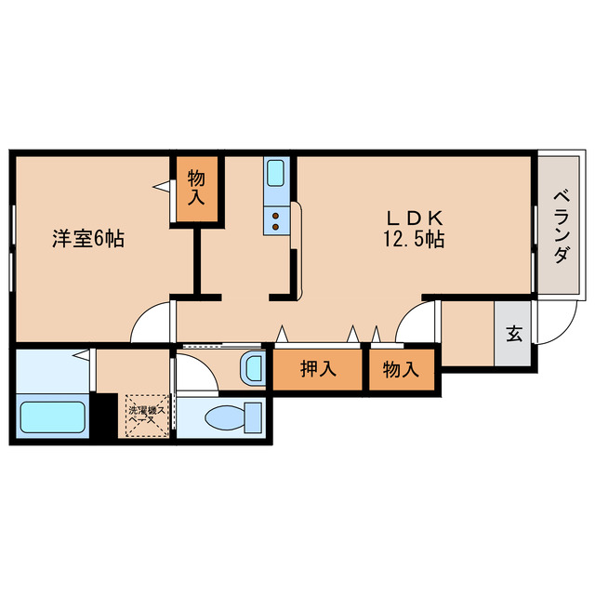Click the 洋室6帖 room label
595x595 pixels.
pyautogui.click(x=87, y=238)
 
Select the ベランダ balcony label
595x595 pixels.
pyautogui.click(x=561, y=226)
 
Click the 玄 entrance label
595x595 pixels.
pyautogui.click(x=512, y=333)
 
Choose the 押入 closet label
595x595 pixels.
pyautogui.click(x=317, y=369)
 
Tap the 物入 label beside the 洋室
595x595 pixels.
pyautogui.click(x=196, y=187)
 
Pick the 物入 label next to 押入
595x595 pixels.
pyautogui.click(x=401, y=369)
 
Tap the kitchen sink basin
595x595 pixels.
pyautogui.click(x=276, y=173)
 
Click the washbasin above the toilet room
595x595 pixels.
pyautogui.click(x=253, y=369)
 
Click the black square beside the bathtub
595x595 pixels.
pyautogui.click(x=105, y=416)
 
